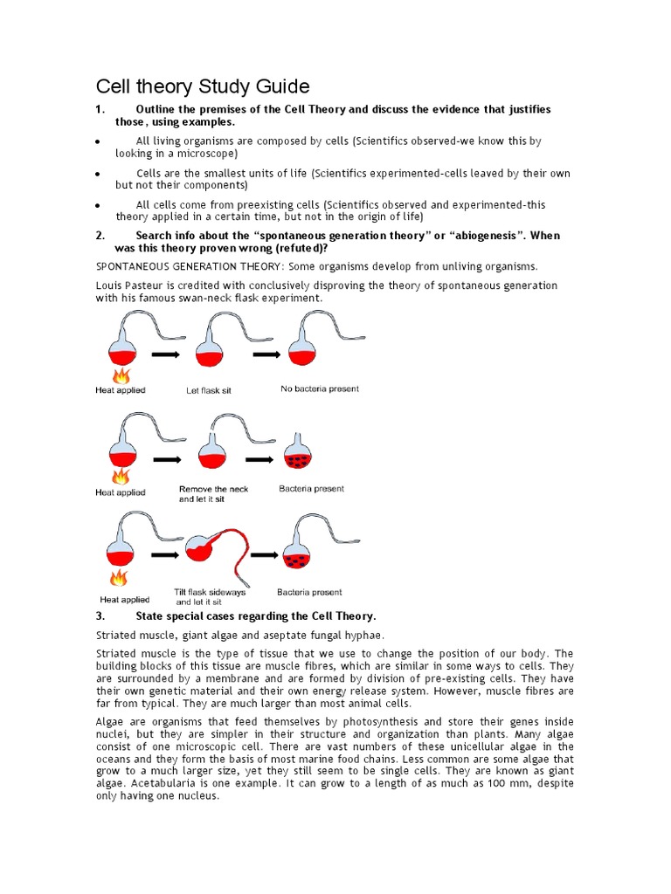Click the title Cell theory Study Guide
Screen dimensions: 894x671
point(202,86)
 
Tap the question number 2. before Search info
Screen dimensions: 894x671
point(100,236)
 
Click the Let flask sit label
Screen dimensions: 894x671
point(209,390)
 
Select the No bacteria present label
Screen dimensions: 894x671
point(319,389)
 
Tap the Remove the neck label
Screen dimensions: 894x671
point(214,489)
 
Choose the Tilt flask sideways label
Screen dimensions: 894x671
point(210,592)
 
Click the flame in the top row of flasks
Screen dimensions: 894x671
point(121,375)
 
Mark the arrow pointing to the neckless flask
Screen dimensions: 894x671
point(259,458)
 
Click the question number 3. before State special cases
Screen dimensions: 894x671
point(100,616)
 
